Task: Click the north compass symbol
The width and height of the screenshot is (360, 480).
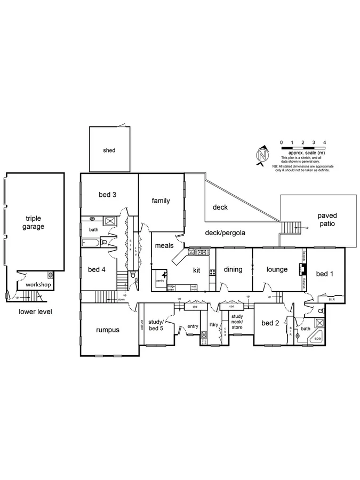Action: click(x=262, y=155)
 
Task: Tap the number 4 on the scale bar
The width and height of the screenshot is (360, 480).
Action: click(x=325, y=142)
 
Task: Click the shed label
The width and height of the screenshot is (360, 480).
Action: click(x=109, y=150)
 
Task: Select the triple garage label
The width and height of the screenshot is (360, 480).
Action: click(x=34, y=222)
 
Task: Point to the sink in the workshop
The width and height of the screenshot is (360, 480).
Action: click(x=50, y=275)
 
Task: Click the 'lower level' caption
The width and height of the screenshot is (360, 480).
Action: click(x=34, y=311)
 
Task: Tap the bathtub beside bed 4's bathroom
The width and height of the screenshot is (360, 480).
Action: click(x=92, y=243)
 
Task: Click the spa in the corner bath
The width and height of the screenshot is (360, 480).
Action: click(x=317, y=338)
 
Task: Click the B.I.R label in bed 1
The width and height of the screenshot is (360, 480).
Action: click(x=331, y=300)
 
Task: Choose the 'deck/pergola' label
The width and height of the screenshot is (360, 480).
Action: click(x=225, y=233)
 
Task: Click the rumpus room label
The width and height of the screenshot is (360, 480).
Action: click(x=108, y=330)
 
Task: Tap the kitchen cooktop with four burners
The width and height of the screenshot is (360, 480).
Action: click(x=212, y=272)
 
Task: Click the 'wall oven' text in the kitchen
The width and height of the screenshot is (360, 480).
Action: click(x=194, y=288)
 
